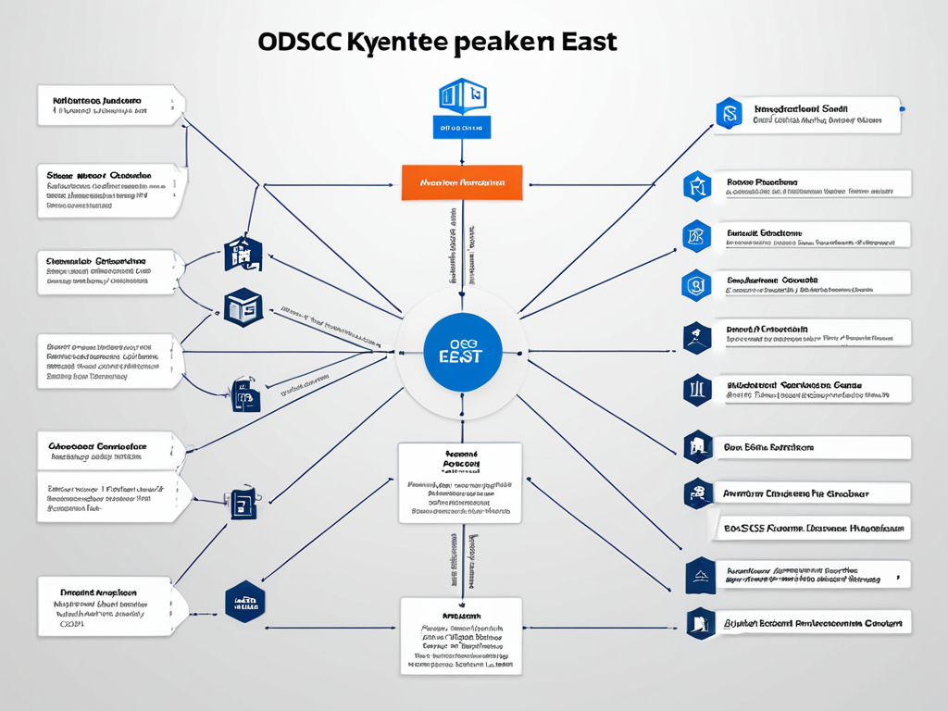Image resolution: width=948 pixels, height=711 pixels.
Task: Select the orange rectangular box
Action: [x=462, y=182]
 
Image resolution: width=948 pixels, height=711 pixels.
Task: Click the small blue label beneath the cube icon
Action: [x=462, y=128]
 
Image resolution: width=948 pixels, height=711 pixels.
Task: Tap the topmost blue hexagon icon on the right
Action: [x=730, y=114]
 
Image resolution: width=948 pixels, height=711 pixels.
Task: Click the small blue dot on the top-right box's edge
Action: [x=902, y=109]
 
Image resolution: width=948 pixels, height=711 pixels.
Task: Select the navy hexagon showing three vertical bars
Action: [x=697, y=389]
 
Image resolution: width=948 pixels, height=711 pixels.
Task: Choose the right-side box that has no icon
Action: [x=815, y=529]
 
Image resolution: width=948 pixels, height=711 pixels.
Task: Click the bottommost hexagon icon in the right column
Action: [x=700, y=622]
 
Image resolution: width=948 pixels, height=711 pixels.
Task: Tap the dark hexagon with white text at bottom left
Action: [x=245, y=603]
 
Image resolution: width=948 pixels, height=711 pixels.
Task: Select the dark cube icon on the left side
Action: [x=244, y=308]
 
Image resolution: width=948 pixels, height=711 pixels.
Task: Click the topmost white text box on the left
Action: [x=111, y=106]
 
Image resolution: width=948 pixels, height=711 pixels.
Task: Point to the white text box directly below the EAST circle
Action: [x=460, y=482]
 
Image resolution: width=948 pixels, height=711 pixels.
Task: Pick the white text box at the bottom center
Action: [x=460, y=635]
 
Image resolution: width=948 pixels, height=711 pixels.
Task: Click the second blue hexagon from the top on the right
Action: [x=697, y=185]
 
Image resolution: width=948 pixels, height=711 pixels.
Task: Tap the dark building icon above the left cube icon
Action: [x=243, y=252]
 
